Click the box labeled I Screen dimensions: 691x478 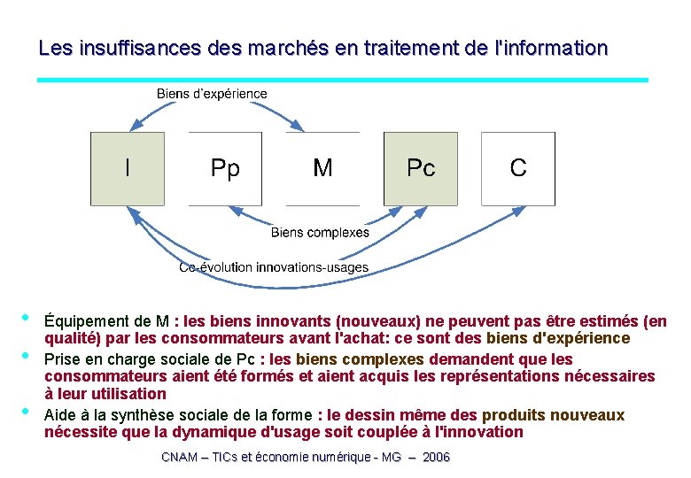point(128,169)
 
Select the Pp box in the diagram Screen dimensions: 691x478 point(225,169)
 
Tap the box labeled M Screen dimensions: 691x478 point(322,169)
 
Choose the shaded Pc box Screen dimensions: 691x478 point(420,169)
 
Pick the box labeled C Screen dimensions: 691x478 point(518,169)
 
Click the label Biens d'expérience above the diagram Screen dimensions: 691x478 point(212,93)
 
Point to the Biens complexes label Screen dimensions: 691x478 point(320,233)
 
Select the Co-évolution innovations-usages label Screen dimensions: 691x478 point(274,267)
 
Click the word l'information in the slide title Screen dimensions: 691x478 point(550,48)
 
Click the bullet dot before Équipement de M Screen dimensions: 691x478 point(26,318)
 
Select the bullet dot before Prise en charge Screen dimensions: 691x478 point(26,357)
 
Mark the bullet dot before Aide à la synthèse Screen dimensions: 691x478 point(26,412)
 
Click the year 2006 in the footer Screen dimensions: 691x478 point(436,457)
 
